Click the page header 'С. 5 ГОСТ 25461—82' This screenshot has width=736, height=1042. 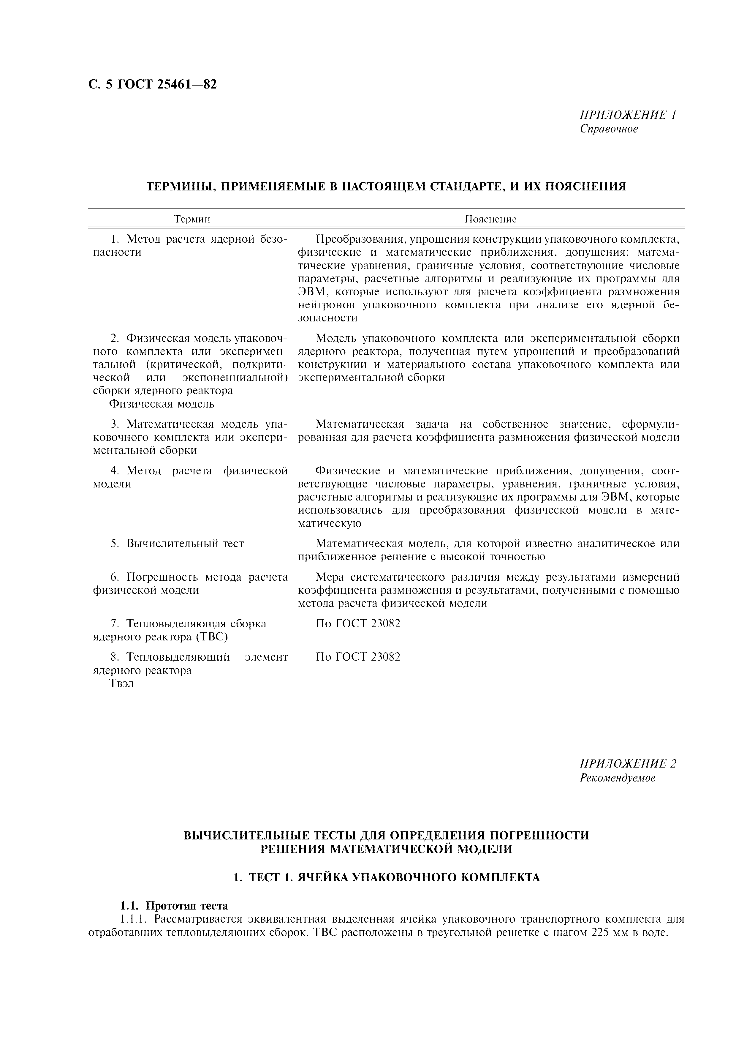coord(152,84)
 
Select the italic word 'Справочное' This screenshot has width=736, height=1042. coord(609,129)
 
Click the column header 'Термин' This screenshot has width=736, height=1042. coord(193,220)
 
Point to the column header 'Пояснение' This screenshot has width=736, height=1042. coord(490,220)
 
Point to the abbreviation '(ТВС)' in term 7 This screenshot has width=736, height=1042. coord(211,637)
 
